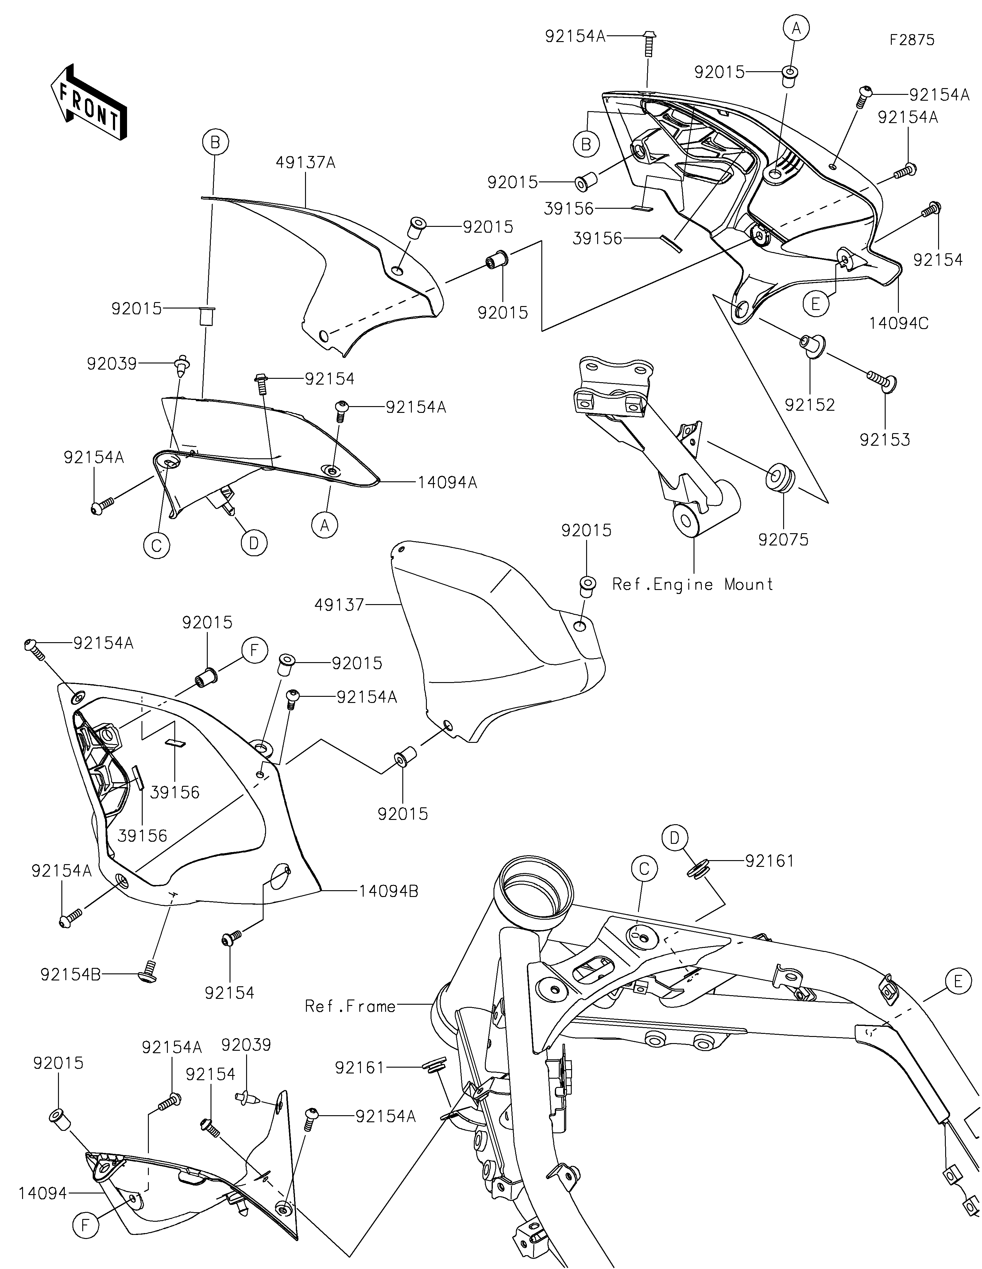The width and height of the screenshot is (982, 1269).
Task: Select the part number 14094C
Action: point(899,323)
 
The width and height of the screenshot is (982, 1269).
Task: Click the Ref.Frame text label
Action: point(350,1006)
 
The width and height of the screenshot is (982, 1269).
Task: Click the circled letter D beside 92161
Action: point(674,838)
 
